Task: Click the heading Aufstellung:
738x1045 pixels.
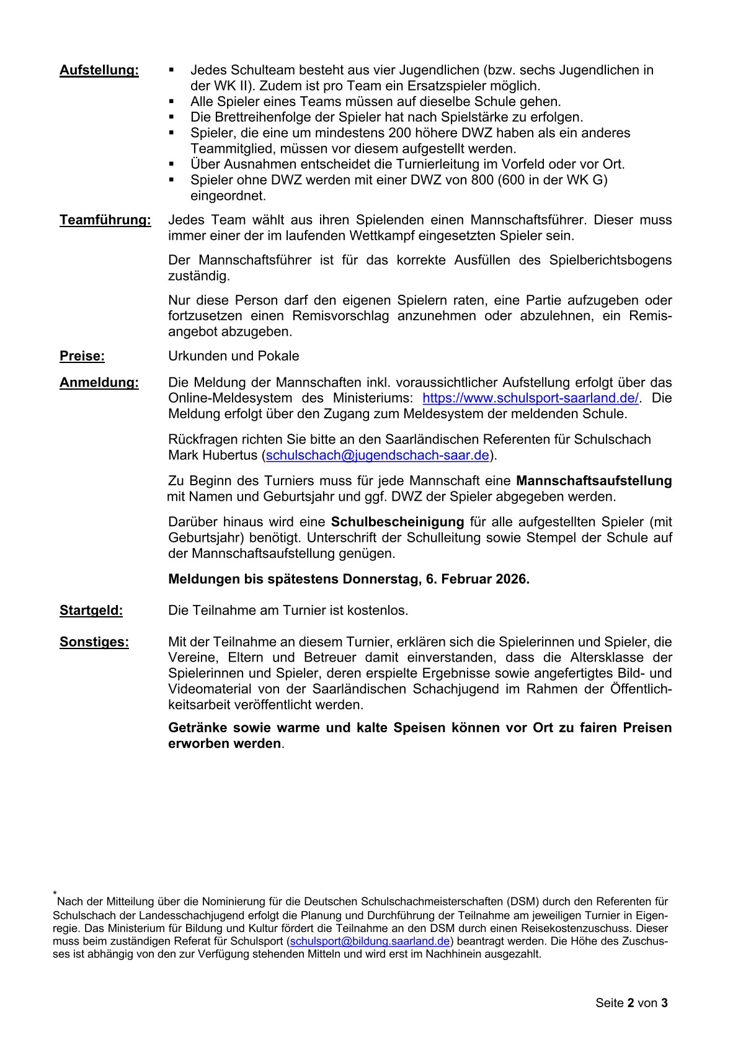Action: (99, 70)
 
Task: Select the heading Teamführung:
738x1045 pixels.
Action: (105, 220)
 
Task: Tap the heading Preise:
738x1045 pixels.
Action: (82, 356)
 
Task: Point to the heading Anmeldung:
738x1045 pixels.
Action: (99, 383)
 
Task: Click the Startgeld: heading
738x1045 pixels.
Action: (91, 611)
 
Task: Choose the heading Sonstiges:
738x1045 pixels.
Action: (94, 642)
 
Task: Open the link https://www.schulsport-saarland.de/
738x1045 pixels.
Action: (530, 398)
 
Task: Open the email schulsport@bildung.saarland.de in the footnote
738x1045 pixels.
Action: (370, 941)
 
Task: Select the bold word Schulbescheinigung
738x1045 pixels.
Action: (398, 522)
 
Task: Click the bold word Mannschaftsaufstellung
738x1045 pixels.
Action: (594, 481)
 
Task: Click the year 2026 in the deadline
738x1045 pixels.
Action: (510, 580)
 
